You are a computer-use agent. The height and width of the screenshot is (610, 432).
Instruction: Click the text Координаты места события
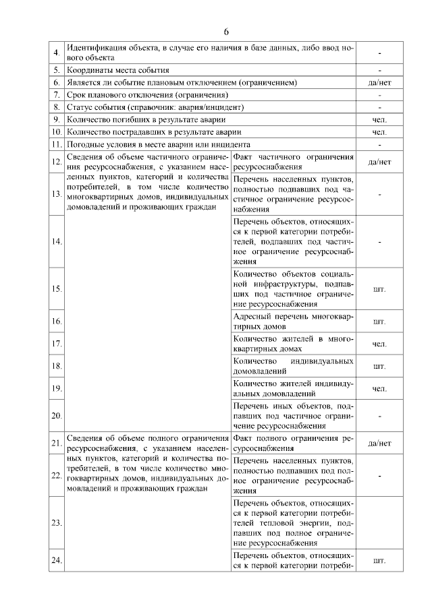coord(118,69)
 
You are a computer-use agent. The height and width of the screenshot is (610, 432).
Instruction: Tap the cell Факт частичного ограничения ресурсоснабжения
coord(293,162)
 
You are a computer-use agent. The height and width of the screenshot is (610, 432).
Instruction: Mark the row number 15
coord(56,289)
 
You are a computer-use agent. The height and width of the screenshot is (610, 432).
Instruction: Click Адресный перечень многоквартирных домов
coord(293,322)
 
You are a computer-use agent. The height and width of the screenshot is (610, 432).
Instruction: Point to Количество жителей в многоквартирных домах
coord(293,344)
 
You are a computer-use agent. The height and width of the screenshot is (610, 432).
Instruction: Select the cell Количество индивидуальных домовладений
coord(293,366)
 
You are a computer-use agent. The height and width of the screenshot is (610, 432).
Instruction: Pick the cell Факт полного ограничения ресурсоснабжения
coord(293,443)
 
